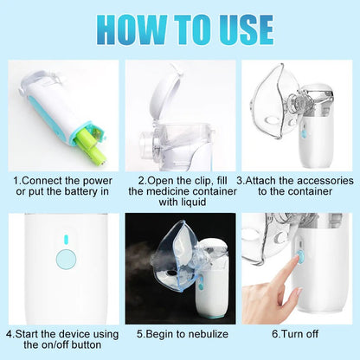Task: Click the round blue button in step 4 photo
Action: (64, 257)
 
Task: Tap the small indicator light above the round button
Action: (64, 240)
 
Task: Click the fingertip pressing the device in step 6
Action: (297, 256)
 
